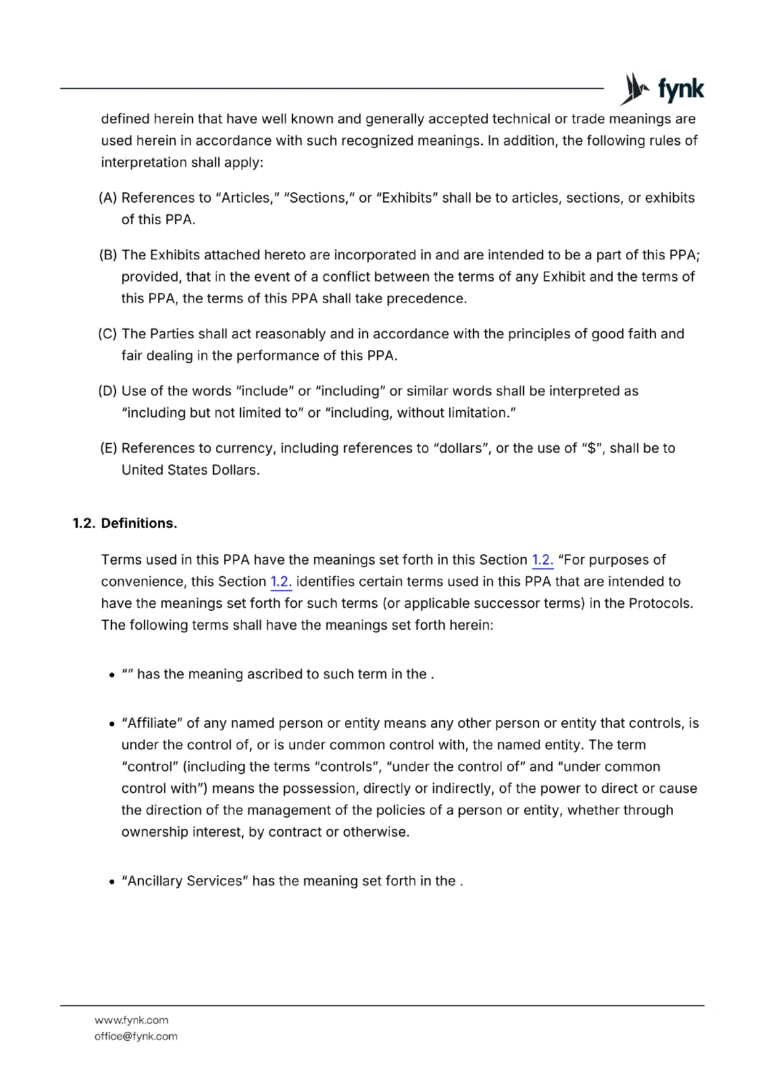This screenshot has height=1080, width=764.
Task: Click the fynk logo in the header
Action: [x=661, y=89]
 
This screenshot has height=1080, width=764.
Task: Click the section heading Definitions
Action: [x=139, y=523]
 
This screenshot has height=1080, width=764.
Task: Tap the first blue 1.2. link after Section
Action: [x=542, y=560]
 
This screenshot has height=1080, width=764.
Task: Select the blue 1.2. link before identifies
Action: [x=281, y=581]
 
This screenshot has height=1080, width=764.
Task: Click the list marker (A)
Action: [x=108, y=198]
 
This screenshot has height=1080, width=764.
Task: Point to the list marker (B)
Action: [x=108, y=254]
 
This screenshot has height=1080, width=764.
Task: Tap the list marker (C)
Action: [x=108, y=333]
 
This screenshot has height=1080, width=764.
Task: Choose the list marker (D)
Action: [x=108, y=391]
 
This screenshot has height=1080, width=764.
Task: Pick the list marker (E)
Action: [x=108, y=448]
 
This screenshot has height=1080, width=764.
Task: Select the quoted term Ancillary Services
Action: [x=185, y=881]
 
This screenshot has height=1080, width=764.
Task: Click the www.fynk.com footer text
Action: [x=132, y=1020]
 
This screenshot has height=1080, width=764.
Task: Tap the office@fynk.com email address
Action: [x=136, y=1036]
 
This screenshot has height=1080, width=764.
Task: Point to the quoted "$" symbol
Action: [x=592, y=448]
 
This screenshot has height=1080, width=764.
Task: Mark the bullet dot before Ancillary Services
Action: [x=112, y=882]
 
